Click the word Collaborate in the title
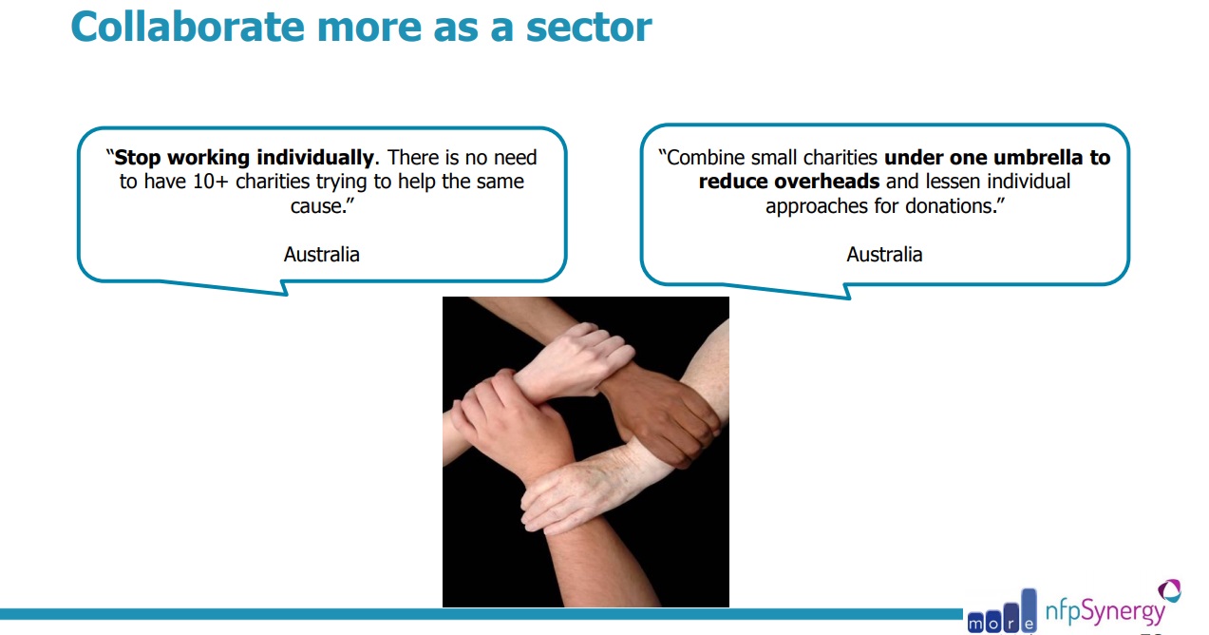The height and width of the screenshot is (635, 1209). pyautogui.click(x=188, y=27)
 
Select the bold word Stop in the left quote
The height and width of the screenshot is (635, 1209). pyautogui.click(x=138, y=158)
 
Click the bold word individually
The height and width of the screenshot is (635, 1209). pyautogui.click(x=315, y=158)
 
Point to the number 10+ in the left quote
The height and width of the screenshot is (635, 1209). pyautogui.click(x=211, y=182)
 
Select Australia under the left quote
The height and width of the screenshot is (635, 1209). pyautogui.click(x=322, y=254)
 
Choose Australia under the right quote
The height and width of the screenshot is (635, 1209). pyautogui.click(x=884, y=254)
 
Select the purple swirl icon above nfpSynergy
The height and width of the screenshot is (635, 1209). pyautogui.click(x=1170, y=590)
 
